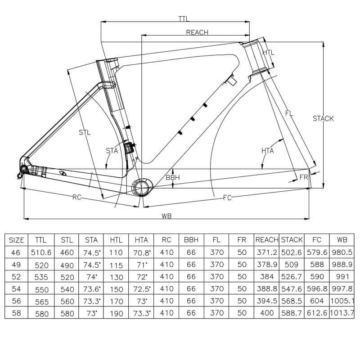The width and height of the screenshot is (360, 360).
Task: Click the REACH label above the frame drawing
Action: click(197, 32)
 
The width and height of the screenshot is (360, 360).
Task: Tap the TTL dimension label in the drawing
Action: click(184, 19)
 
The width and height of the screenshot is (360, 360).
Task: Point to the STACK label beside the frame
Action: click(323, 118)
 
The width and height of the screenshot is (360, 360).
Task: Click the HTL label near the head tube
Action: click(268, 52)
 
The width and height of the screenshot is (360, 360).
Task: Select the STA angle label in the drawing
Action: click(112, 151)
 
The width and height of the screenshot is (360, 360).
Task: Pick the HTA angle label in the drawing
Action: click(267, 151)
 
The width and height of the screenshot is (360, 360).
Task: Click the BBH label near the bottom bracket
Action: click(173, 177)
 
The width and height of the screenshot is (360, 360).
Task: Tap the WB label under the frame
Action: click(166, 216)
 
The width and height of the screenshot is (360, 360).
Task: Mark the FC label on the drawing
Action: click(227, 198)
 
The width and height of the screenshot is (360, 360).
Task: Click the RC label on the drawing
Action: click(77, 197)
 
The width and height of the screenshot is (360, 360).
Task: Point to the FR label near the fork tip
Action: click(304, 177)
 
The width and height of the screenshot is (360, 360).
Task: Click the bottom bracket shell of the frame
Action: click(142, 188)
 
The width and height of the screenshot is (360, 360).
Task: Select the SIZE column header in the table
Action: click(16, 240)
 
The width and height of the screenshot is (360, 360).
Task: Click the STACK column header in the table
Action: click(292, 240)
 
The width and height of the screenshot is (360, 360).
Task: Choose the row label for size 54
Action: click(16, 289)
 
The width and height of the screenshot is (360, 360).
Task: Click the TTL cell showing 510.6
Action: click(41, 252)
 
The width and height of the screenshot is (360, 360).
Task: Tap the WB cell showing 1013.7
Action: click(342, 313)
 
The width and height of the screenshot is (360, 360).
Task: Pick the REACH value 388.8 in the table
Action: click(267, 288)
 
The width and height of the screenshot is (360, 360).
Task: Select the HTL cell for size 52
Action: click(116, 277)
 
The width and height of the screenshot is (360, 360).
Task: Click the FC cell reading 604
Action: click(317, 301)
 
